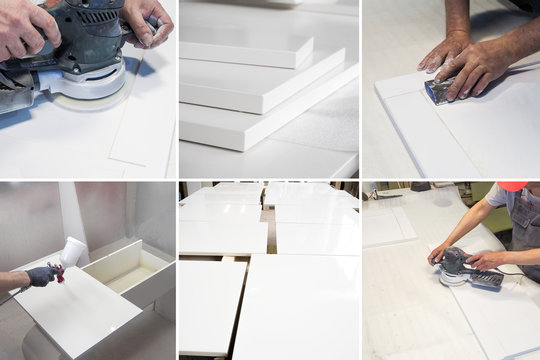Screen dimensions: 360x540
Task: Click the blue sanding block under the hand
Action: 439,91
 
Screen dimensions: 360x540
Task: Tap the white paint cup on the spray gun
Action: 72,251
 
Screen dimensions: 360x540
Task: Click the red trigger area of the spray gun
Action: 59,272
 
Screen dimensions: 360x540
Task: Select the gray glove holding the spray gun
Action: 41,276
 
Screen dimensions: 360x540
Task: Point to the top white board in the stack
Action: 245,44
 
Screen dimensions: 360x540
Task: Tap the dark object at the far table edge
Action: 420,187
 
